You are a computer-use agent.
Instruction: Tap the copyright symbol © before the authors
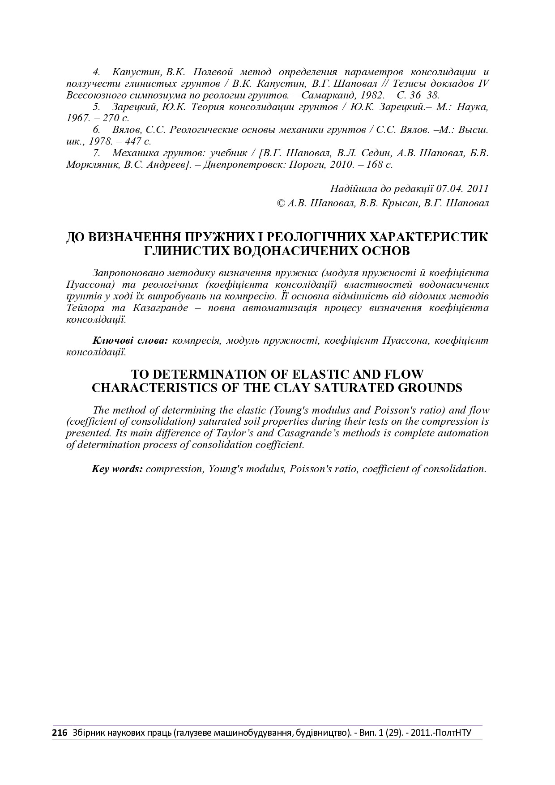coord(281,203)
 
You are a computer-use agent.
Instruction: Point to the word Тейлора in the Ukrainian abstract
coord(81,308)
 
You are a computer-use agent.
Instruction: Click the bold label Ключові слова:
coord(130,341)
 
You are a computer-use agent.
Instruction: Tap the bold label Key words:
coord(117,469)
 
